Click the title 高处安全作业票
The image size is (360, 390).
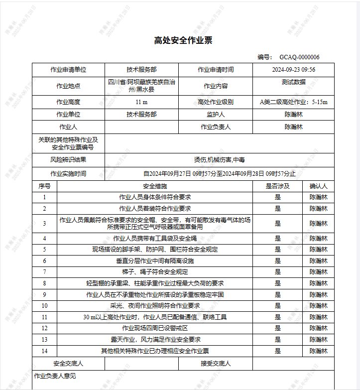[183, 40]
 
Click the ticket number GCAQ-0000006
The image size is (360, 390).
[299, 57]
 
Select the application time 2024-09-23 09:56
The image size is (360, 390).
[293, 70]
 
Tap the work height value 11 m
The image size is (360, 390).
[141, 102]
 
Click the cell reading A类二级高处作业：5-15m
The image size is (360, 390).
[293, 102]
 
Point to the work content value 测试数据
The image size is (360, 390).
[293, 82]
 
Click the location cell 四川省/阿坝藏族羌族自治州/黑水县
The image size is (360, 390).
[141, 86]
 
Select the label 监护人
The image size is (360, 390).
[215, 115]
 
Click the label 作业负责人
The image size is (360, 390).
[215, 127]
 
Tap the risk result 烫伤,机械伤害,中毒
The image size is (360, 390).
[219, 160]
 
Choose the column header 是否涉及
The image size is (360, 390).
[277, 186]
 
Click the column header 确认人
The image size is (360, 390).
[318, 186]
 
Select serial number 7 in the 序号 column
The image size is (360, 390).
[44, 272]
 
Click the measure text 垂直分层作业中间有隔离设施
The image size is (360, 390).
[155, 260]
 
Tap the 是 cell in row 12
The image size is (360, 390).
[277, 328]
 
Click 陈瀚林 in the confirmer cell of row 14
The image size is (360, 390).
[318, 351]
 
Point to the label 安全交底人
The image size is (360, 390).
[68, 364]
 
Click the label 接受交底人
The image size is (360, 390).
[215, 364]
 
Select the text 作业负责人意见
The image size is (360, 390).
[55, 376]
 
